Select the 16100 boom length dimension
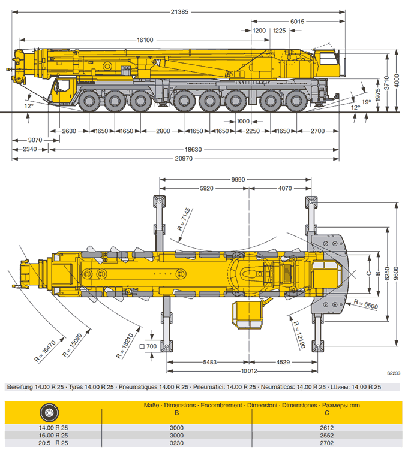coord(145,40)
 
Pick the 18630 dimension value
coord(192,149)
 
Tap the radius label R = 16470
coord(46,351)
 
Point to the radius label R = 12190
coord(301,336)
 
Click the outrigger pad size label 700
coord(149,347)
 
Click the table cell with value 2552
coord(326,436)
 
